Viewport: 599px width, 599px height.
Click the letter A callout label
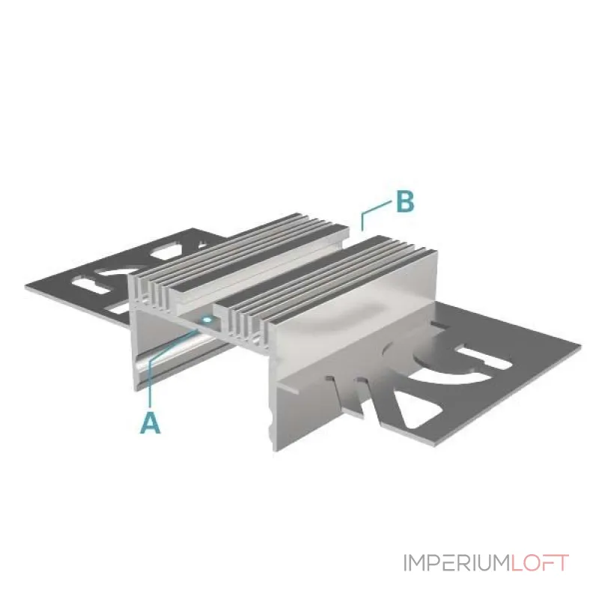tap(151, 422)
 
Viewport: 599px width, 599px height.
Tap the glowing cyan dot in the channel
tap(207, 320)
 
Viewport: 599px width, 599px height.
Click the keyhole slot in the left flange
tap(94, 286)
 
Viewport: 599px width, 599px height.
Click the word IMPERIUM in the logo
tap(457, 563)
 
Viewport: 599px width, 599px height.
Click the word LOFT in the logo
tap(540, 563)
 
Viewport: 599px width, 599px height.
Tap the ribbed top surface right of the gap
tap(325, 283)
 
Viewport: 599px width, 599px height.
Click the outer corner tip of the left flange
tap(25, 286)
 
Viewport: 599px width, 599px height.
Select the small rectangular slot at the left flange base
tap(120, 308)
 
